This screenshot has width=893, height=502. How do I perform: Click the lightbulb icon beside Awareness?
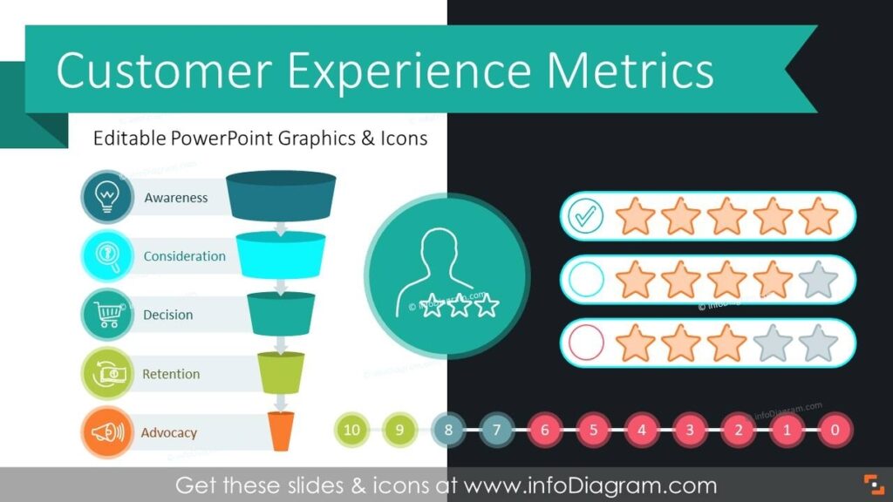107,197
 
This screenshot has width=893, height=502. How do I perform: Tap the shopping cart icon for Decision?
107,315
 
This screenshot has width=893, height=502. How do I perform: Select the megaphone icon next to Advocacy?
107,432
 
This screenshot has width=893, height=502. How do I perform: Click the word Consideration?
184,256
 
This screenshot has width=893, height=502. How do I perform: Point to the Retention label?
171,374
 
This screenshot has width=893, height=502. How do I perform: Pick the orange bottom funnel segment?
280,431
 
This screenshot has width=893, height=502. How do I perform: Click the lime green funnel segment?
280,372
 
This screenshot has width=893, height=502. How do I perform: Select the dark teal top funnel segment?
281,195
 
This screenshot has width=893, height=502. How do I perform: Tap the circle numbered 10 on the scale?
351,429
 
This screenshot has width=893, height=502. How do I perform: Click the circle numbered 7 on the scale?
497,429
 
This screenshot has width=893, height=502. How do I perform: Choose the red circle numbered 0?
835,429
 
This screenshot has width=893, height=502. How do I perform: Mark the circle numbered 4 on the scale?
642,429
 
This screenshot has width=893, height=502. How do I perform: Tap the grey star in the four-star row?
818,280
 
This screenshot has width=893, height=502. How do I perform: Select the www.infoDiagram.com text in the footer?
590,485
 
